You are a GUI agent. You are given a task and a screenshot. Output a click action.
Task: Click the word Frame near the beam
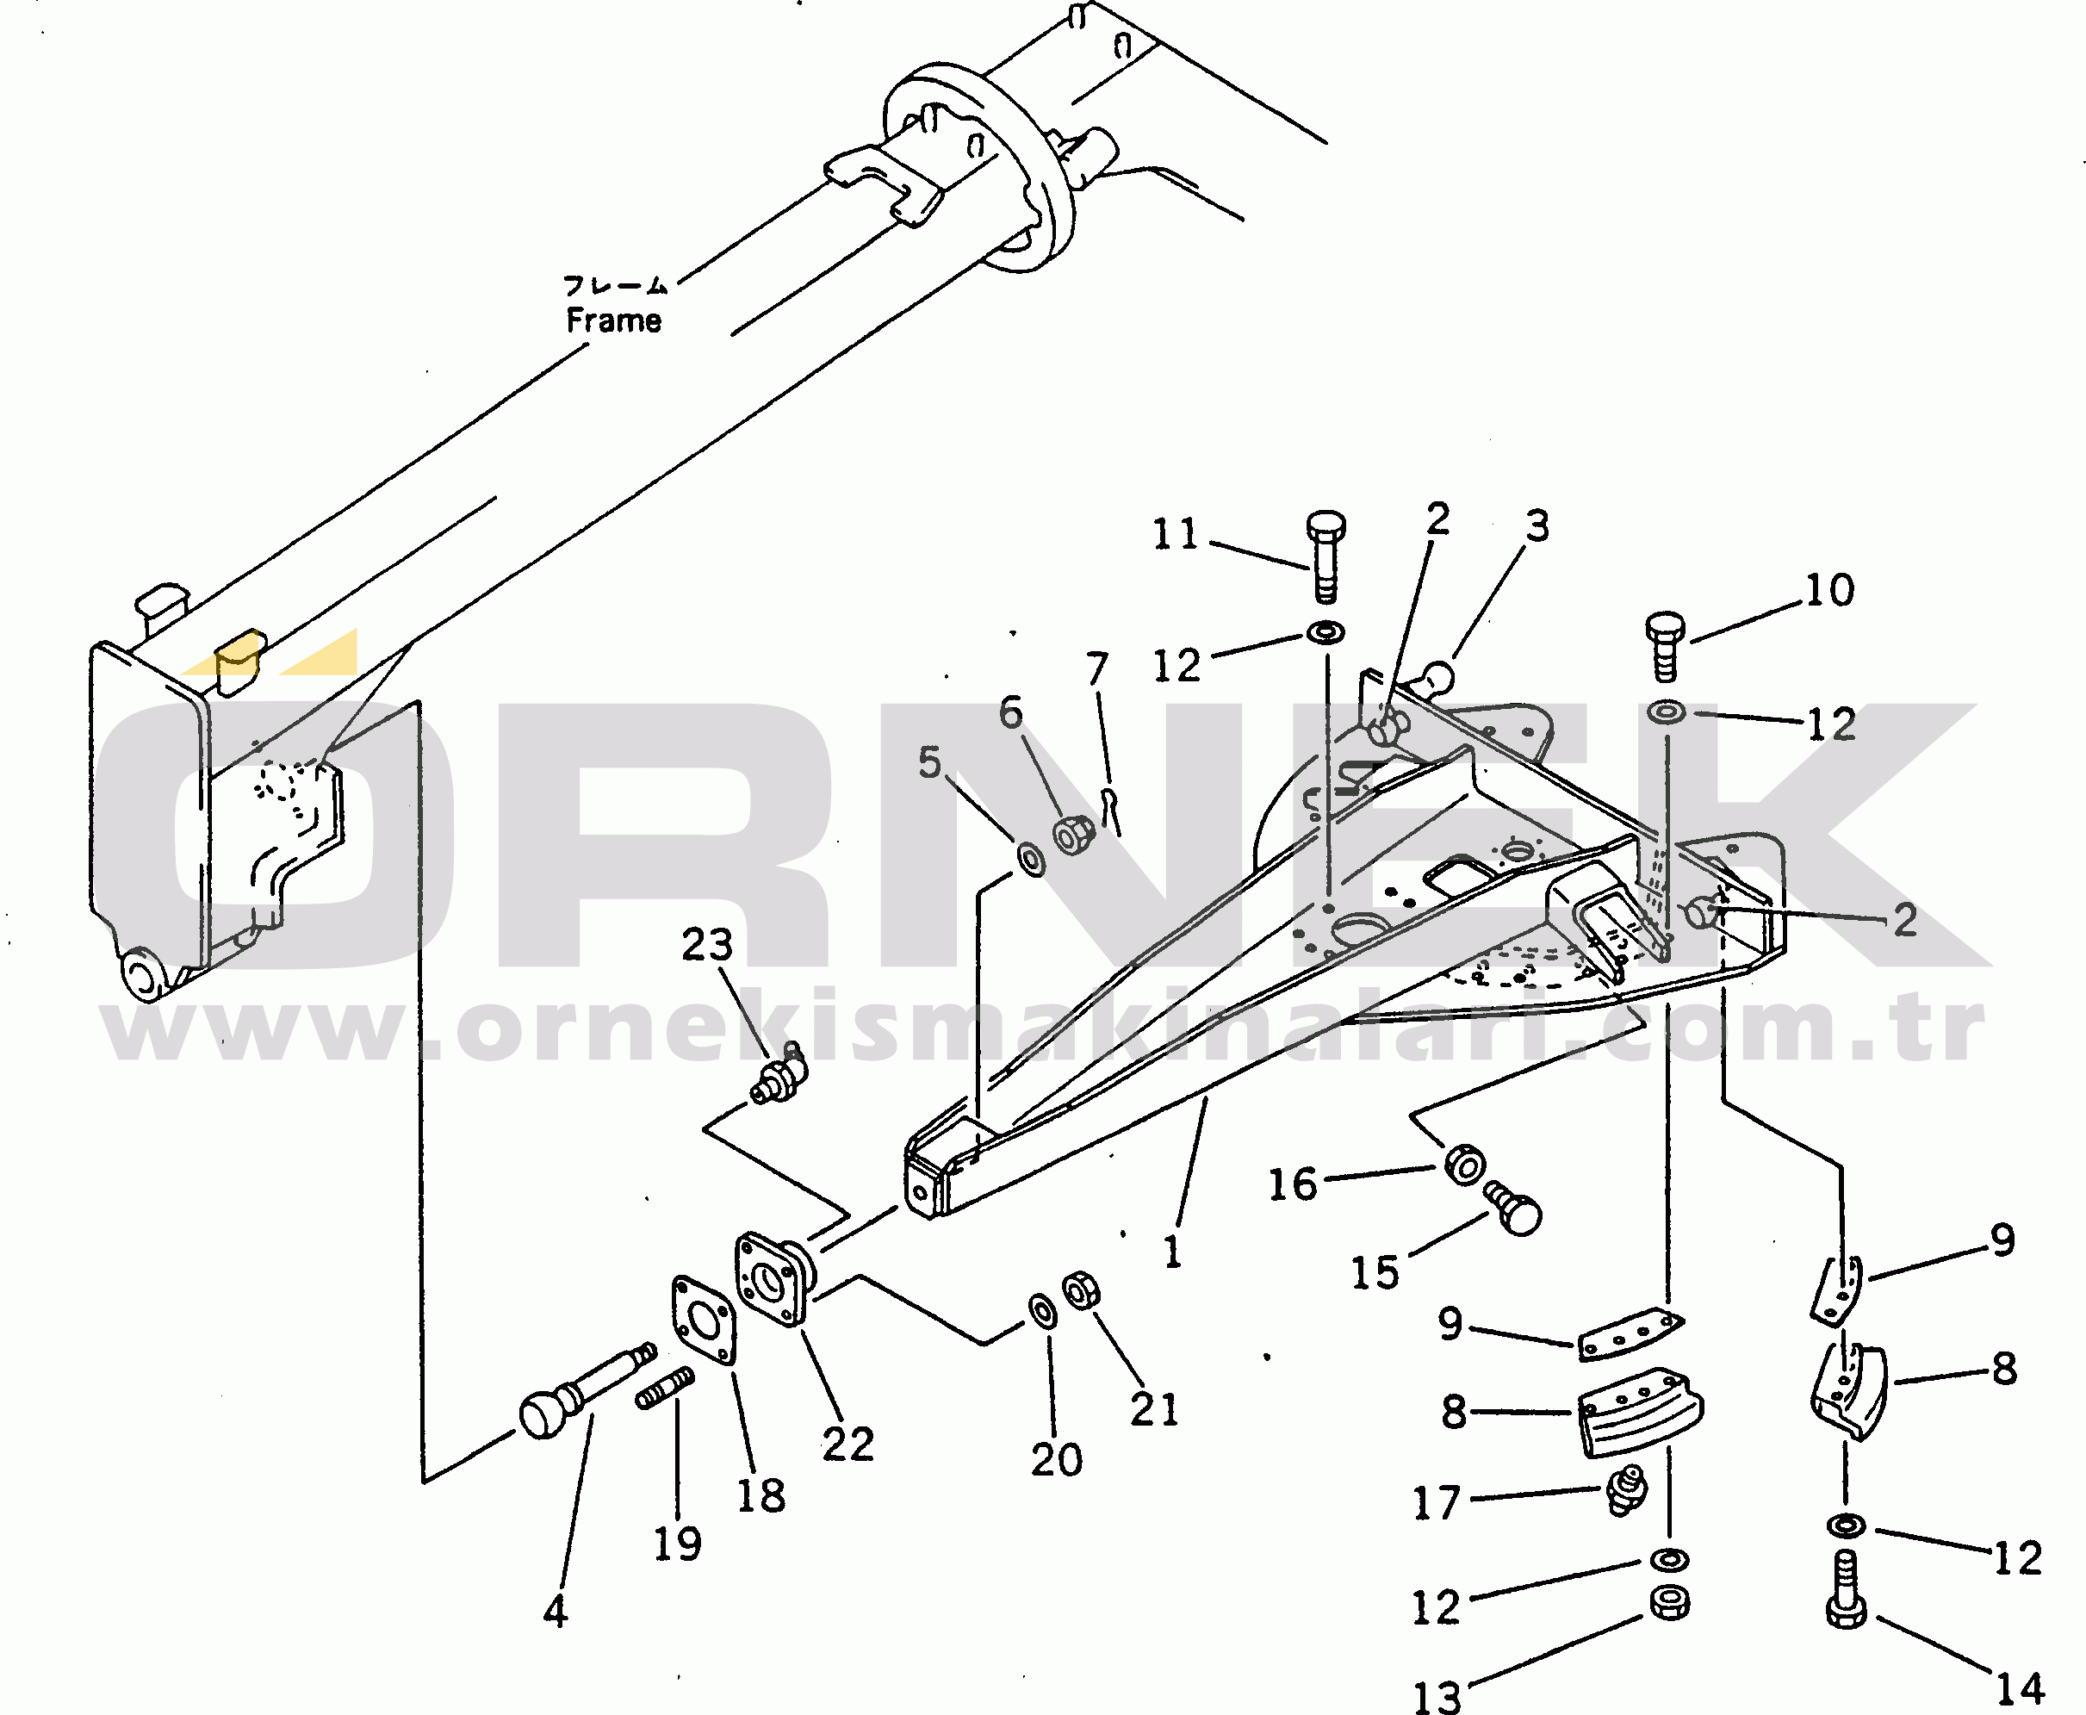tap(613, 320)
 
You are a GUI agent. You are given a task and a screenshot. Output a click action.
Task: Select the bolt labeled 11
tap(1325, 556)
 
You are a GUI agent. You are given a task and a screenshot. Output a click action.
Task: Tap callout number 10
tap(1829, 590)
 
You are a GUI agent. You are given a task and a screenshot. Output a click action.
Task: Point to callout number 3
tap(1537, 525)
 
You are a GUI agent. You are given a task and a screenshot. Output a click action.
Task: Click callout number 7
tap(1097, 668)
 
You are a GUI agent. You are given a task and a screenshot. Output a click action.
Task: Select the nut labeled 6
tap(1072, 835)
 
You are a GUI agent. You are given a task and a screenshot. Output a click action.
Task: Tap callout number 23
tap(707, 944)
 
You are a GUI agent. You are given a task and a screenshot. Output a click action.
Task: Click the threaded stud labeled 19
tap(665, 1388)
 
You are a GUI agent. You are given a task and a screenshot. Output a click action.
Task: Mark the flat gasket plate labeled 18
tap(704, 1320)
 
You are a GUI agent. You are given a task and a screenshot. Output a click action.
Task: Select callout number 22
tap(847, 1445)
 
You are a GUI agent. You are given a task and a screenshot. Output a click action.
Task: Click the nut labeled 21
tap(1082, 1290)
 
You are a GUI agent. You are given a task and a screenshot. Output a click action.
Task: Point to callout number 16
tap(1292, 1184)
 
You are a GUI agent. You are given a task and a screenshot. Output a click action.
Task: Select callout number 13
tap(1436, 1697)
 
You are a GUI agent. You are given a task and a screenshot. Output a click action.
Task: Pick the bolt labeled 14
tap(1845, 1590)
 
